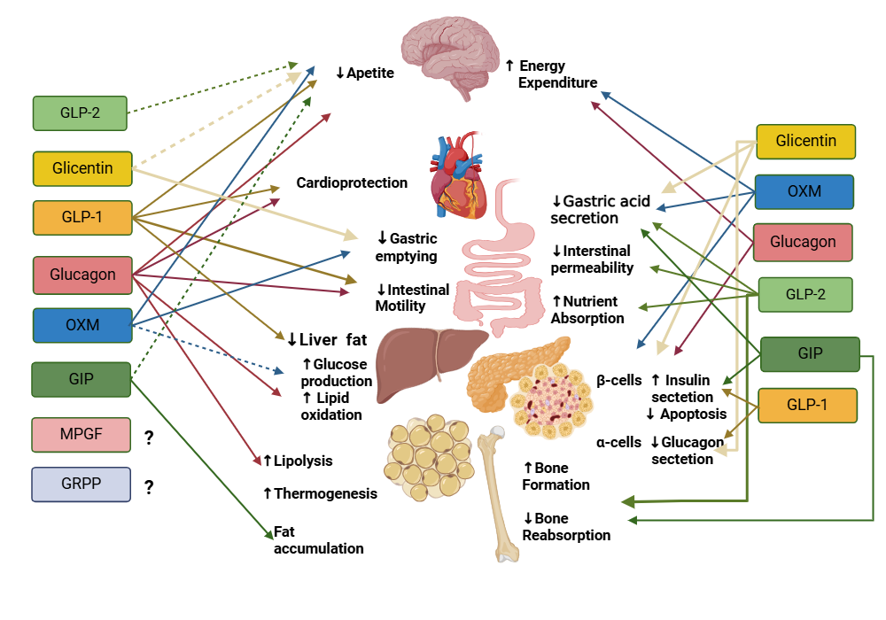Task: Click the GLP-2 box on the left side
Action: pos(80,112)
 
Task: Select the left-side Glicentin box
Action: pos(81,168)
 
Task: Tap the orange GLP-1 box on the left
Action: pos(81,218)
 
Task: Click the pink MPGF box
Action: pos(81,435)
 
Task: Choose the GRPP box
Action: pos(81,485)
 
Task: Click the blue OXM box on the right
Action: pos(804,191)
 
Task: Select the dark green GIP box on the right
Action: pos(810,353)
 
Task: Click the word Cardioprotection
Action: pos(352,182)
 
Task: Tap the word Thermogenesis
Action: pos(320,493)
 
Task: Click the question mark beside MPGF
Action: pos(149,436)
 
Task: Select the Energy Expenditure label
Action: pos(552,74)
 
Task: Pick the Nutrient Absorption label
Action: pos(587,309)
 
